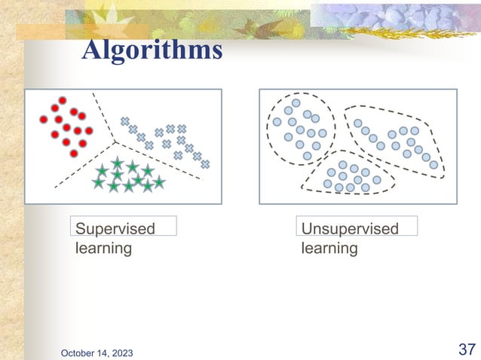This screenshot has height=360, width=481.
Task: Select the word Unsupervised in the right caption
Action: tap(350, 228)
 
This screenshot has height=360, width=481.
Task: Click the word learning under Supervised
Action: tap(103, 248)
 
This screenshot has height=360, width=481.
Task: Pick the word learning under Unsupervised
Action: tap(329, 248)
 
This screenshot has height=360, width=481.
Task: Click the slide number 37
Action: tap(466, 349)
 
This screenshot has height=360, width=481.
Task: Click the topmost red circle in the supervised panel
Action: tap(63, 100)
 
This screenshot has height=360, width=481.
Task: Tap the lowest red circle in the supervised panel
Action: tap(74, 154)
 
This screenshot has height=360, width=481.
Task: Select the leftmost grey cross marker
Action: tap(125, 121)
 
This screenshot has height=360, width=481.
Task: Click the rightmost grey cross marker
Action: tap(204, 163)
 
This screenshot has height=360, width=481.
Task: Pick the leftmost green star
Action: tap(98, 182)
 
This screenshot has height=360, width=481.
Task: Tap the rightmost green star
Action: tap(160, 182)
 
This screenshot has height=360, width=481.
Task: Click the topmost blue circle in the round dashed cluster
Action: tap(296, 102)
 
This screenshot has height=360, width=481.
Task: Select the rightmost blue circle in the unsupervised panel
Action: tap(434, 164)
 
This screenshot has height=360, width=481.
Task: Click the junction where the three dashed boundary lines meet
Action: tap(115, 141)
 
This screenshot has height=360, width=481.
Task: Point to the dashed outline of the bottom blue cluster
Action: tap(304, 182)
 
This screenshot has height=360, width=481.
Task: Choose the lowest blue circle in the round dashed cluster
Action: tap(307, 156)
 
